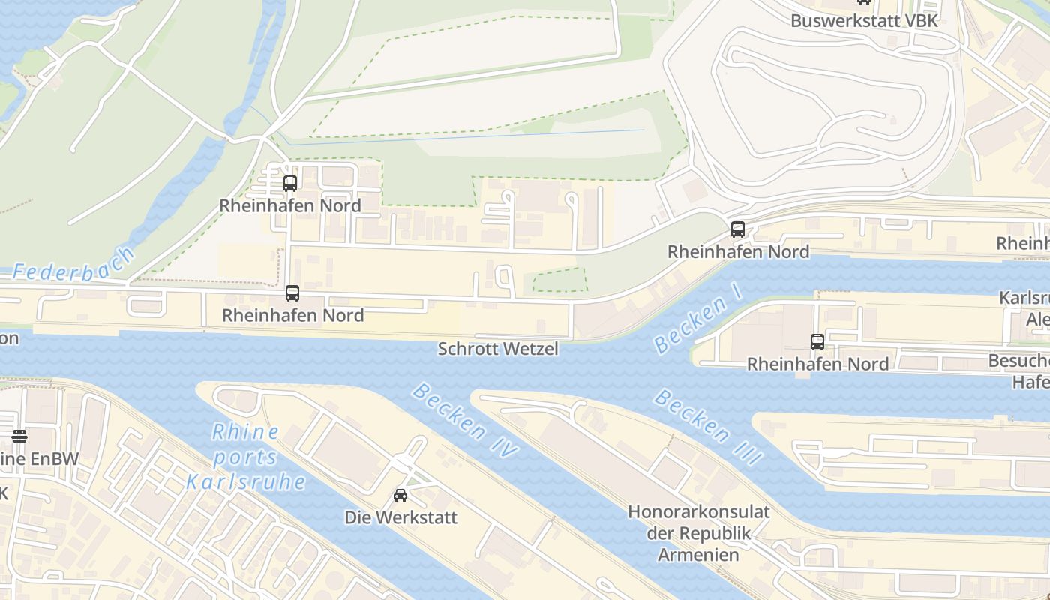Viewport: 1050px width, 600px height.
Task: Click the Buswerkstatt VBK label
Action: coord(864,20)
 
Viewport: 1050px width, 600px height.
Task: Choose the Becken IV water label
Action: coord(465,421)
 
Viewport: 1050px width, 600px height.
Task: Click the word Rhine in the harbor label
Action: coord(245,432)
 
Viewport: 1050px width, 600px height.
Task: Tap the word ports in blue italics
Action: coord(244,457)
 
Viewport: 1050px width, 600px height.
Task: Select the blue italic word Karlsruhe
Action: coord(246,481)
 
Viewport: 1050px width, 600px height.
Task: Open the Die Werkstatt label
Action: coord(400,517)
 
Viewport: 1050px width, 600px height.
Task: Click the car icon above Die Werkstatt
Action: coord(400,496)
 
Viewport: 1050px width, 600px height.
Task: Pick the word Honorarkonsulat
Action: coord(698,512)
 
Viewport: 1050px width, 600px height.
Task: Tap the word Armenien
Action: coord(698,555)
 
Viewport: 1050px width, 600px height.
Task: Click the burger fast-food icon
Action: coord(19,436)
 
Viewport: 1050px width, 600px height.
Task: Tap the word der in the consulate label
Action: coord(660,534)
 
